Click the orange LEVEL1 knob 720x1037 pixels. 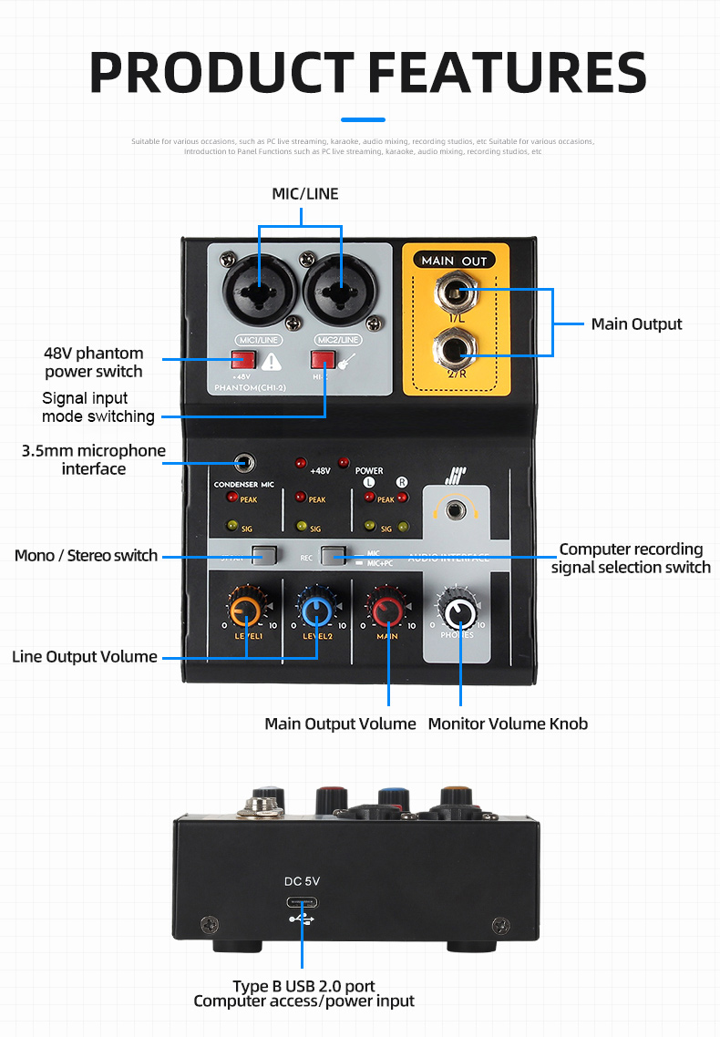click(x=247, y=610)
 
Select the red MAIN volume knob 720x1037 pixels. click(x=387, y=610)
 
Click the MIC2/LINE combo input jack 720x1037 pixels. click(x=342, y=291)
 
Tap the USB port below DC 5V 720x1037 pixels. click(x=303, y=902)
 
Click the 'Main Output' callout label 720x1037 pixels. click(x=636, y=323)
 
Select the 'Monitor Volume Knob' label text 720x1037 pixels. click(x=508, y=724)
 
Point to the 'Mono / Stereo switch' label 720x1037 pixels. click(x=87, y=555)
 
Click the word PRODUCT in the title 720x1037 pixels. click(x=221, y=72)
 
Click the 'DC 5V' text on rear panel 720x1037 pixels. click(x=303, y=881)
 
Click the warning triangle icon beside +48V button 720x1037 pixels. click(x=271, y=362)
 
